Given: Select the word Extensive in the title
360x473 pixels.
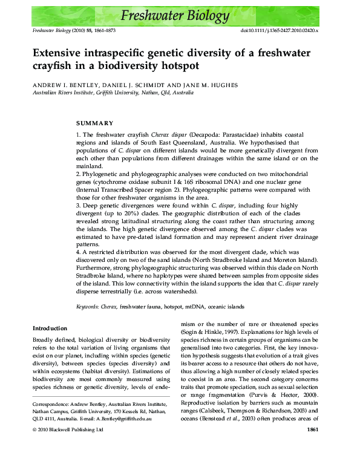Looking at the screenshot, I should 62,53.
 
